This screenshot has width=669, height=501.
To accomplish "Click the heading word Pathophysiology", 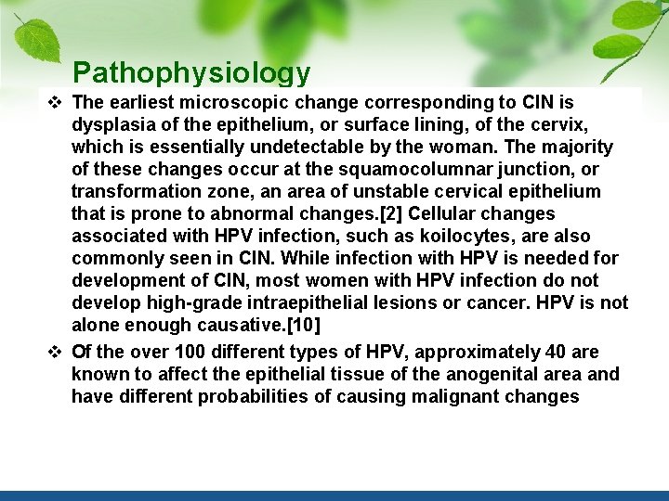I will [191, 72].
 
